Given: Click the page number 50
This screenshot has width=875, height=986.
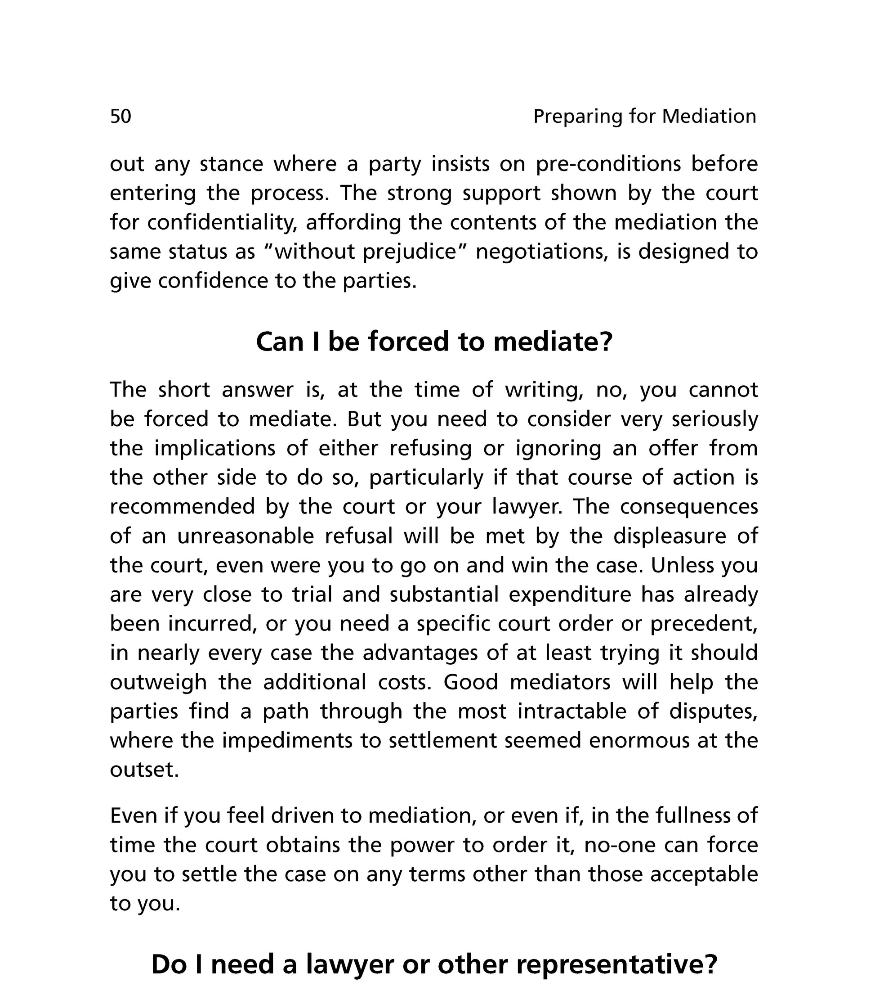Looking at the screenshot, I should [x=121, y=117].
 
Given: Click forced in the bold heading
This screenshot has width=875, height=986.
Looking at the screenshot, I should [x=410, y=342].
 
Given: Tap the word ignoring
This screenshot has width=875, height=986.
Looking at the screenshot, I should [x=558, y=449].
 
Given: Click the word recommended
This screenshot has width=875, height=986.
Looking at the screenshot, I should [x=182, y=507].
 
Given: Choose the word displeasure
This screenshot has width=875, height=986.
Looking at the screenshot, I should [x=670, y=536].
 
